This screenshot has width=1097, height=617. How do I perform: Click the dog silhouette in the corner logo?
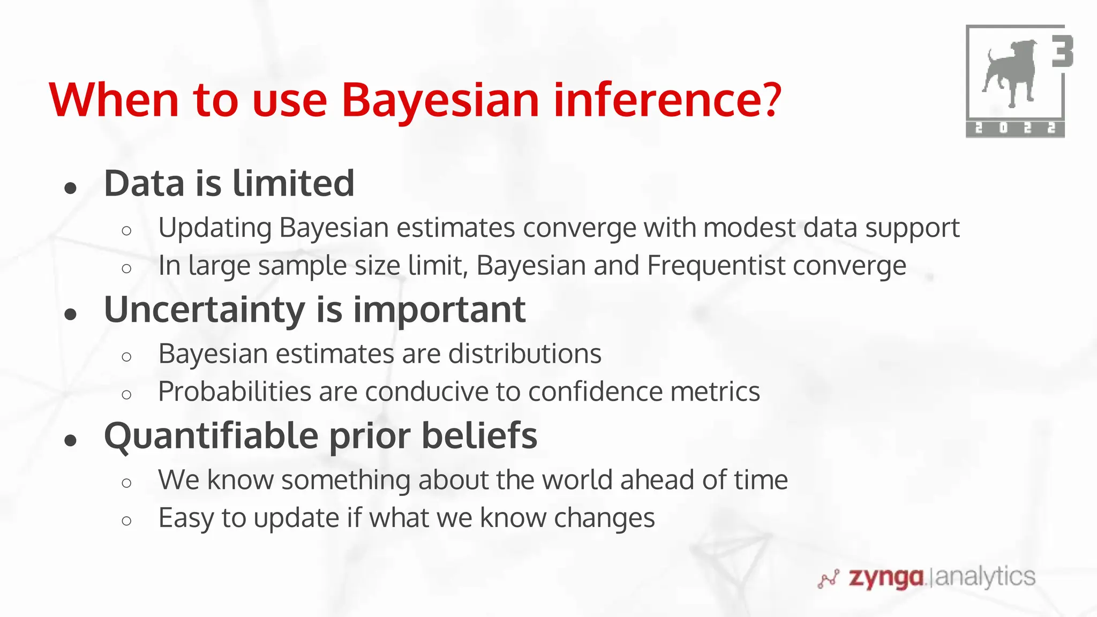click(1009, 72)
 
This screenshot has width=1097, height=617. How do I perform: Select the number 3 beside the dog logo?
click(1062, 52)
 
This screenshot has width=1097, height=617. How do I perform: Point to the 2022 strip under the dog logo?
click(1015, 129)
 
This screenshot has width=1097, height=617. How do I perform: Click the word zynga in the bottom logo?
click(886, 578)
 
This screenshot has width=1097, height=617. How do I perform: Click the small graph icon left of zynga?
click(828, 579)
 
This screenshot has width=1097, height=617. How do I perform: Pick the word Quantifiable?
click(211, 436)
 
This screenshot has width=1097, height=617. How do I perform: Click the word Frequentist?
click(716, 266)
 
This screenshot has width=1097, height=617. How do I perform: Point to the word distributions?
click(524, 354)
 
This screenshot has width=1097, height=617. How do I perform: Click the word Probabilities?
click(235, 392)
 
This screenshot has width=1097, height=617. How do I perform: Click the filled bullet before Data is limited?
click(71, 188)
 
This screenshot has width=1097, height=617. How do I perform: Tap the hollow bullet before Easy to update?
click(126, 521)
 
